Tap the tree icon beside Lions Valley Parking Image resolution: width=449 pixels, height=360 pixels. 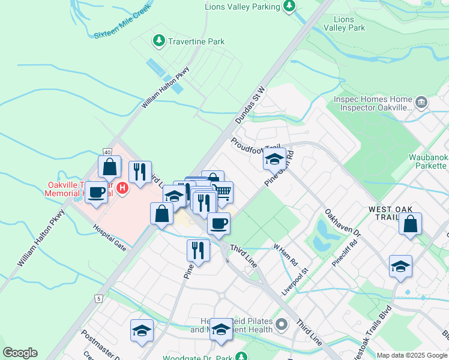[289, 7]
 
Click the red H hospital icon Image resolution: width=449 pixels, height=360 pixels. [122, 189]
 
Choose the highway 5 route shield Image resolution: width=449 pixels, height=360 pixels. [98, 298]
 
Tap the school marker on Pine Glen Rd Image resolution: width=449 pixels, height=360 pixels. [274, 160]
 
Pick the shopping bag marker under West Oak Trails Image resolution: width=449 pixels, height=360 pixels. [410, 224]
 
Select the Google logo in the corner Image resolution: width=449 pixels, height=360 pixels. [20, 353]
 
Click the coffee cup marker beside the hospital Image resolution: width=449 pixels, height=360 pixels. [96, 193]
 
